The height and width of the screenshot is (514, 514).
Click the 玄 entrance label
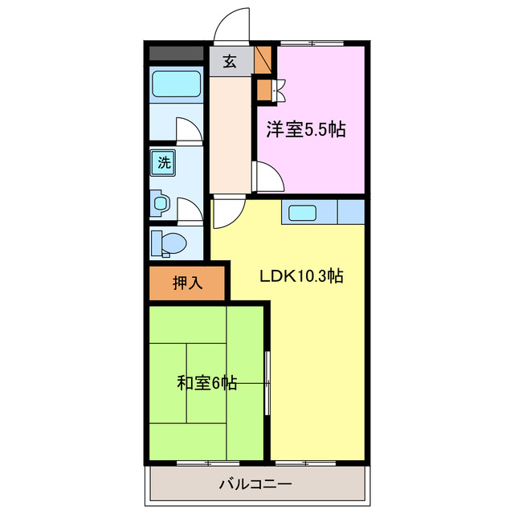230,62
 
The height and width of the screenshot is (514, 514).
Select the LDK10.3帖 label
302,276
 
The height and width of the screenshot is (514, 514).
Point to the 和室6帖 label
206,382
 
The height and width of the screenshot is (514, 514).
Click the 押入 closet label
188,283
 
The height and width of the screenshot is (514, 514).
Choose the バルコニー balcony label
255,484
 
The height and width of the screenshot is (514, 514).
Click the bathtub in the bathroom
176,83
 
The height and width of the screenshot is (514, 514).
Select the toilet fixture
169,242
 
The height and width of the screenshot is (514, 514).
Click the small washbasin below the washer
161,204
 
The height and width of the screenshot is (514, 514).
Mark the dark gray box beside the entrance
176,54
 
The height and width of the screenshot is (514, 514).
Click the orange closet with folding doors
264,88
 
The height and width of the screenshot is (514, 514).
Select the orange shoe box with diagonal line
263,60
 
